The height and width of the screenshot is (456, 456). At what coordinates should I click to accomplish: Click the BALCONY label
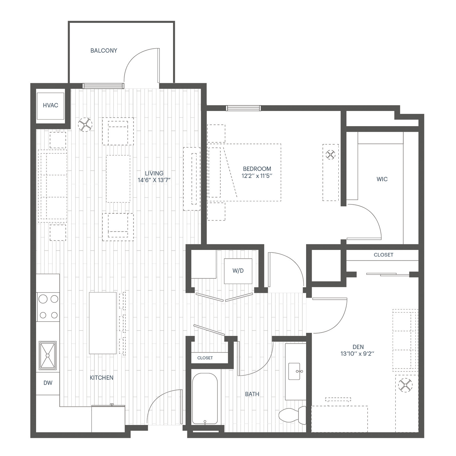104,51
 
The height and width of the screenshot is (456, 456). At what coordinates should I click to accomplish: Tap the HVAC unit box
50,106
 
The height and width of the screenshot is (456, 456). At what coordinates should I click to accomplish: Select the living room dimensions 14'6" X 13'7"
154,180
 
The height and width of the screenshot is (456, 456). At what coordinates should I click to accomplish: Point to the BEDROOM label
257,169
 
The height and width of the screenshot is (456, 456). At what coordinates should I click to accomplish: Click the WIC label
382,179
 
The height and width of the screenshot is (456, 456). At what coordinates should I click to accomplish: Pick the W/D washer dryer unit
238,271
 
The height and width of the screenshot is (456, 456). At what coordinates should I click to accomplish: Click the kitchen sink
47,355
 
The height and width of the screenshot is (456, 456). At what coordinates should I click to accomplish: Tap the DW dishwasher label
48,383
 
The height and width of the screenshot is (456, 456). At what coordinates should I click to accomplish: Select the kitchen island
103,323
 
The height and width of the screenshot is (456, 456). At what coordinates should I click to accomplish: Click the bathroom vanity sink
294,371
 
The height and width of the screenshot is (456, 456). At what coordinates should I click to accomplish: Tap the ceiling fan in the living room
85,125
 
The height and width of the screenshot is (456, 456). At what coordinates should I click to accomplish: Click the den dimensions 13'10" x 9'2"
357,354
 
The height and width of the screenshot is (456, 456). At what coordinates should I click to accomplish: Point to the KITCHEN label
102,378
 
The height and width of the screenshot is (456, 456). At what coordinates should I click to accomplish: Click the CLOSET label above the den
383,255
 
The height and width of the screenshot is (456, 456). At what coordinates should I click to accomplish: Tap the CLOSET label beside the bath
205,358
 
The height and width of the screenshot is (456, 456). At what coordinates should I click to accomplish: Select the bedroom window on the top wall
243,108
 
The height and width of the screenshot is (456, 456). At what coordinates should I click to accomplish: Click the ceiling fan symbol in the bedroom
330,155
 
